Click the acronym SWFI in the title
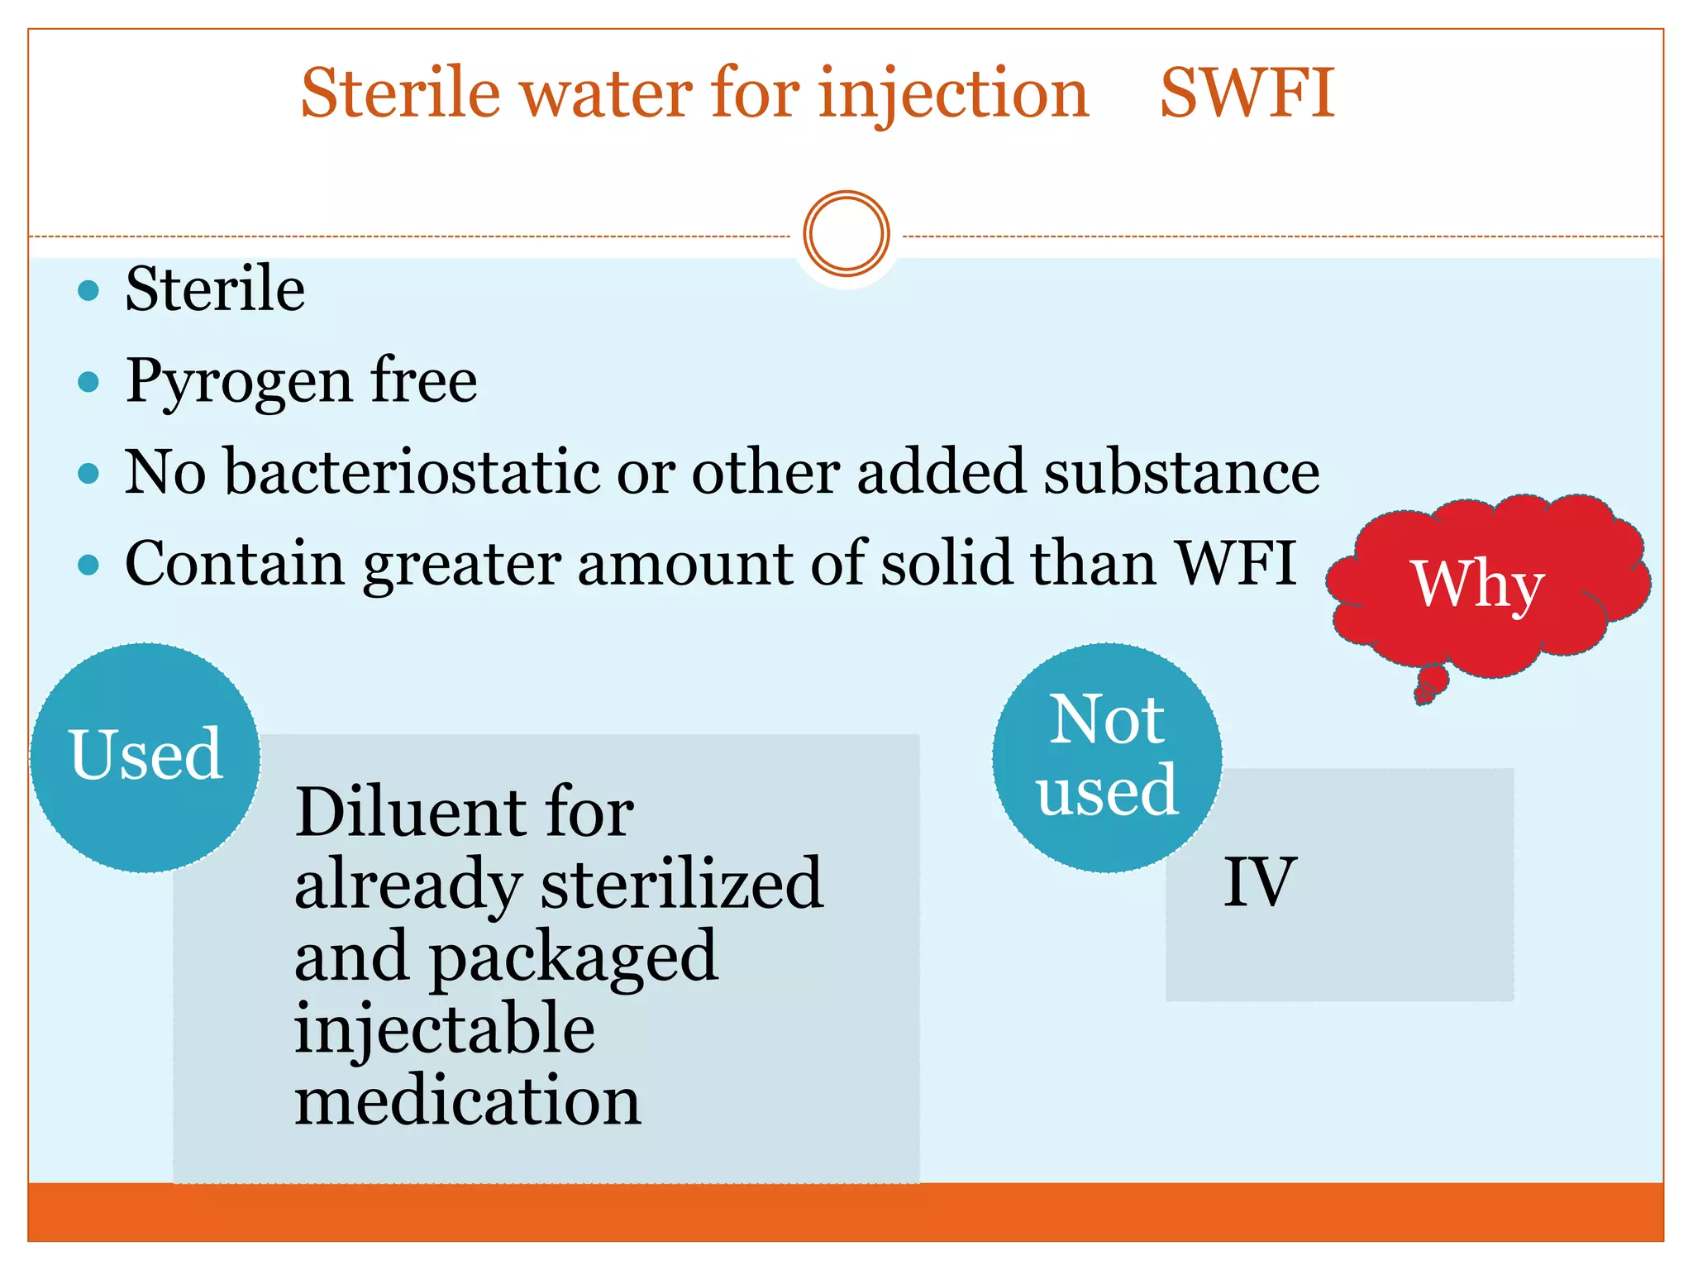1247,93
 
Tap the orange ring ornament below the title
846,233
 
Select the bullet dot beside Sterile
88,290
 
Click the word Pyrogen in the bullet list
238,383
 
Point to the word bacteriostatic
413,472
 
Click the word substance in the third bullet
1180,472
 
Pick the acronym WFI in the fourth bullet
1235,563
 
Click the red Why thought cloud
1480,584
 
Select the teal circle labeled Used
145,757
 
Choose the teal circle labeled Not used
1107,757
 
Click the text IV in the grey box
1258,882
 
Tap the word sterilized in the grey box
681,884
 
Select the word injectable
445,1029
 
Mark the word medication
467,1101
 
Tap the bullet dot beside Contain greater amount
88,565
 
